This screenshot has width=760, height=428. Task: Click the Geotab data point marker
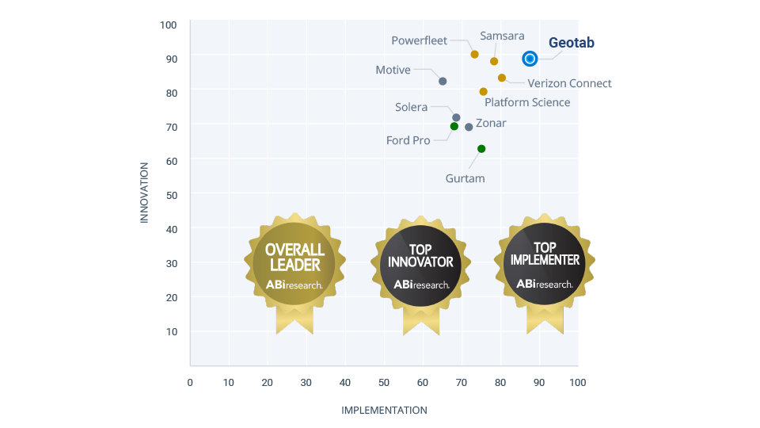pos(530,59)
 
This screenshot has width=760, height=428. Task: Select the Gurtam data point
pos(481,149)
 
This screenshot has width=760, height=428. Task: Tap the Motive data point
pos(443,82)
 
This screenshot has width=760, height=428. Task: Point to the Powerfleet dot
pos(474,55)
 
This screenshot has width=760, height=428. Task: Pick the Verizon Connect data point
pos(502,78)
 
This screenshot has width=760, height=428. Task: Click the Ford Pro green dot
pos(454,126)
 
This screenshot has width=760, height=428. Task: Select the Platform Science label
pos(527,102)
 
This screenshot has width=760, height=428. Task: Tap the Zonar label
pos(491,123)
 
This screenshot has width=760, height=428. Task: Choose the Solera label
pos(411,107)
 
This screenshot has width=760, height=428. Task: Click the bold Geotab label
pos(572,43)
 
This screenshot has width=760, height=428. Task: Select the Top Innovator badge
pos(421,266)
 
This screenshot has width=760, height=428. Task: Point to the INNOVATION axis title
pos(144,193)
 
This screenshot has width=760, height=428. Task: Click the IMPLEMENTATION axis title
pos(384,410)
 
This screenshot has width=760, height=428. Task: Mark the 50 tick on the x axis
pos(384,382)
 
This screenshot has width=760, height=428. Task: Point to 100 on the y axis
pos(168,25)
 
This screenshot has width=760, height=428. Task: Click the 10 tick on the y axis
pos(171,331)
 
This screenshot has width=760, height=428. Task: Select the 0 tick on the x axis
pos(190,382)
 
